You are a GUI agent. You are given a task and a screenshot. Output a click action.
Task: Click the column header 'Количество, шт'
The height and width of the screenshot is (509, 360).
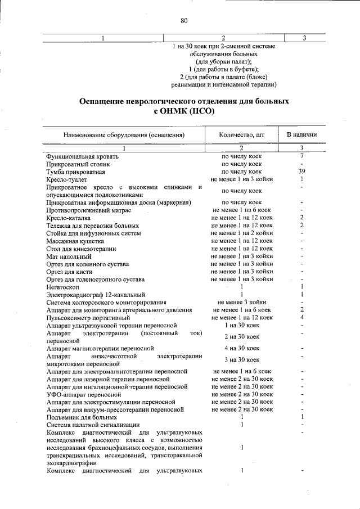[x=241, y=135]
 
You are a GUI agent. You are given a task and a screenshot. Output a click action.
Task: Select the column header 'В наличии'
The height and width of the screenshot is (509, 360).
[x=302, y=135]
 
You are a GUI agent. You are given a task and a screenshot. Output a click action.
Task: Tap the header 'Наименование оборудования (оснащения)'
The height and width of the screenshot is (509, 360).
[x=124, y=135]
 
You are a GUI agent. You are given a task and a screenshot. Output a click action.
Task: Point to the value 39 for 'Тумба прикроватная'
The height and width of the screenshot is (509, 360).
[x=302, y=171]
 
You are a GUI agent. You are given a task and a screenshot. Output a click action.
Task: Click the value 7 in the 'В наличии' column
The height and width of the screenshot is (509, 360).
[x=302, y=156]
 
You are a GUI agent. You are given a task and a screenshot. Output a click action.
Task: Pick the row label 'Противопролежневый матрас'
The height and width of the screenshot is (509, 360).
[x=89, y=210]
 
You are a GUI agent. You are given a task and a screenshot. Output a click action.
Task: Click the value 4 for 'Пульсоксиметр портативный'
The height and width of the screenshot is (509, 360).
[x=302, y=317]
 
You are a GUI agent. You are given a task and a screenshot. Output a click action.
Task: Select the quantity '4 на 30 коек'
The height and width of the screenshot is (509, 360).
[x=241, y=348]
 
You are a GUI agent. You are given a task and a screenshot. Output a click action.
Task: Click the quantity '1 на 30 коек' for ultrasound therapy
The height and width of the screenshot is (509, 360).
[x=241, y=325]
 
